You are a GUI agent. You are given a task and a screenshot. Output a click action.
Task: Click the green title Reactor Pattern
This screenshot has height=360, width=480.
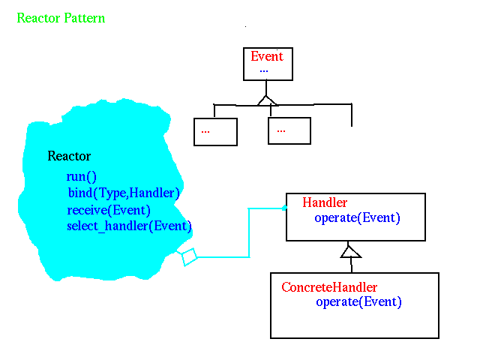[x=61, y=18]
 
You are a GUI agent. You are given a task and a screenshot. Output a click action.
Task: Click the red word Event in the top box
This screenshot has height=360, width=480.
[x=267, y=56]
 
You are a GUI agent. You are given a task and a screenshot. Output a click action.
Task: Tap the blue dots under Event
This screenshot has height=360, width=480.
[x=264, y=71]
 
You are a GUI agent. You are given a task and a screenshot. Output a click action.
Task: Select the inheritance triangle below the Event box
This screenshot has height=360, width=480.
[x=266, y=101]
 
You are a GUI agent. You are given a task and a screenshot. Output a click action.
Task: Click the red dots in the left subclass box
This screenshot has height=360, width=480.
[x=205, y=132]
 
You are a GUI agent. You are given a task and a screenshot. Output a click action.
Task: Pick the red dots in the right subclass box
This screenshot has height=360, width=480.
[x=281, y=131]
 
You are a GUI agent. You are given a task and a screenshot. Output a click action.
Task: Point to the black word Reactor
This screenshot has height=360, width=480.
[x=69, y=156]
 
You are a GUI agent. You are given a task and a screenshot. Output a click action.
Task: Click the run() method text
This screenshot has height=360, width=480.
[x=82, y=177]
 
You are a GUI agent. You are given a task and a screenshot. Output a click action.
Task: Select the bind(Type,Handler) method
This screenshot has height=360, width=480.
[x=124, y=193]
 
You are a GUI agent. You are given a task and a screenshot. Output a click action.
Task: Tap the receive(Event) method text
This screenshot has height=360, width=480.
[x=109, y=210]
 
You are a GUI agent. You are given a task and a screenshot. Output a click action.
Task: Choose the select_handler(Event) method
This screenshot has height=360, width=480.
[x=129, y=226]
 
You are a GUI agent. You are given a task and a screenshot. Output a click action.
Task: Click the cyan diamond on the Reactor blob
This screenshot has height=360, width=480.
[x=188, y=256]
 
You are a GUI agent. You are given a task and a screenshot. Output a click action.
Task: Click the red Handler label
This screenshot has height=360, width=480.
[x=325, y=202]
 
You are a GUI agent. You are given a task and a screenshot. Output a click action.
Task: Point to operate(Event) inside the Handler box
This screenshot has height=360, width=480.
[x=357, y=218]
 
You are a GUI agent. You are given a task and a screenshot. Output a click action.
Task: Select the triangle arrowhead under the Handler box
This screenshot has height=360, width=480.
[x=350, y=252]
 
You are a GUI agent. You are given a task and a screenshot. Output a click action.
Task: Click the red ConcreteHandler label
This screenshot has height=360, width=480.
[x=329, y=287]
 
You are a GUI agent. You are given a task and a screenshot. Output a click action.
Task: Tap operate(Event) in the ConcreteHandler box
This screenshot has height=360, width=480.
[x=358, y=302]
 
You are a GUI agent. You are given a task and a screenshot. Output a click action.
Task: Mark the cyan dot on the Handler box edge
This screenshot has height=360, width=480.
[x=285, y=208]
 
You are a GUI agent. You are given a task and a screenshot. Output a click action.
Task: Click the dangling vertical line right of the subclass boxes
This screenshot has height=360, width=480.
[x=352, y=115]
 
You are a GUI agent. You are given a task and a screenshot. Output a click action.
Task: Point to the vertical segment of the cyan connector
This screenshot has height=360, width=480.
[x=249, y=232]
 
